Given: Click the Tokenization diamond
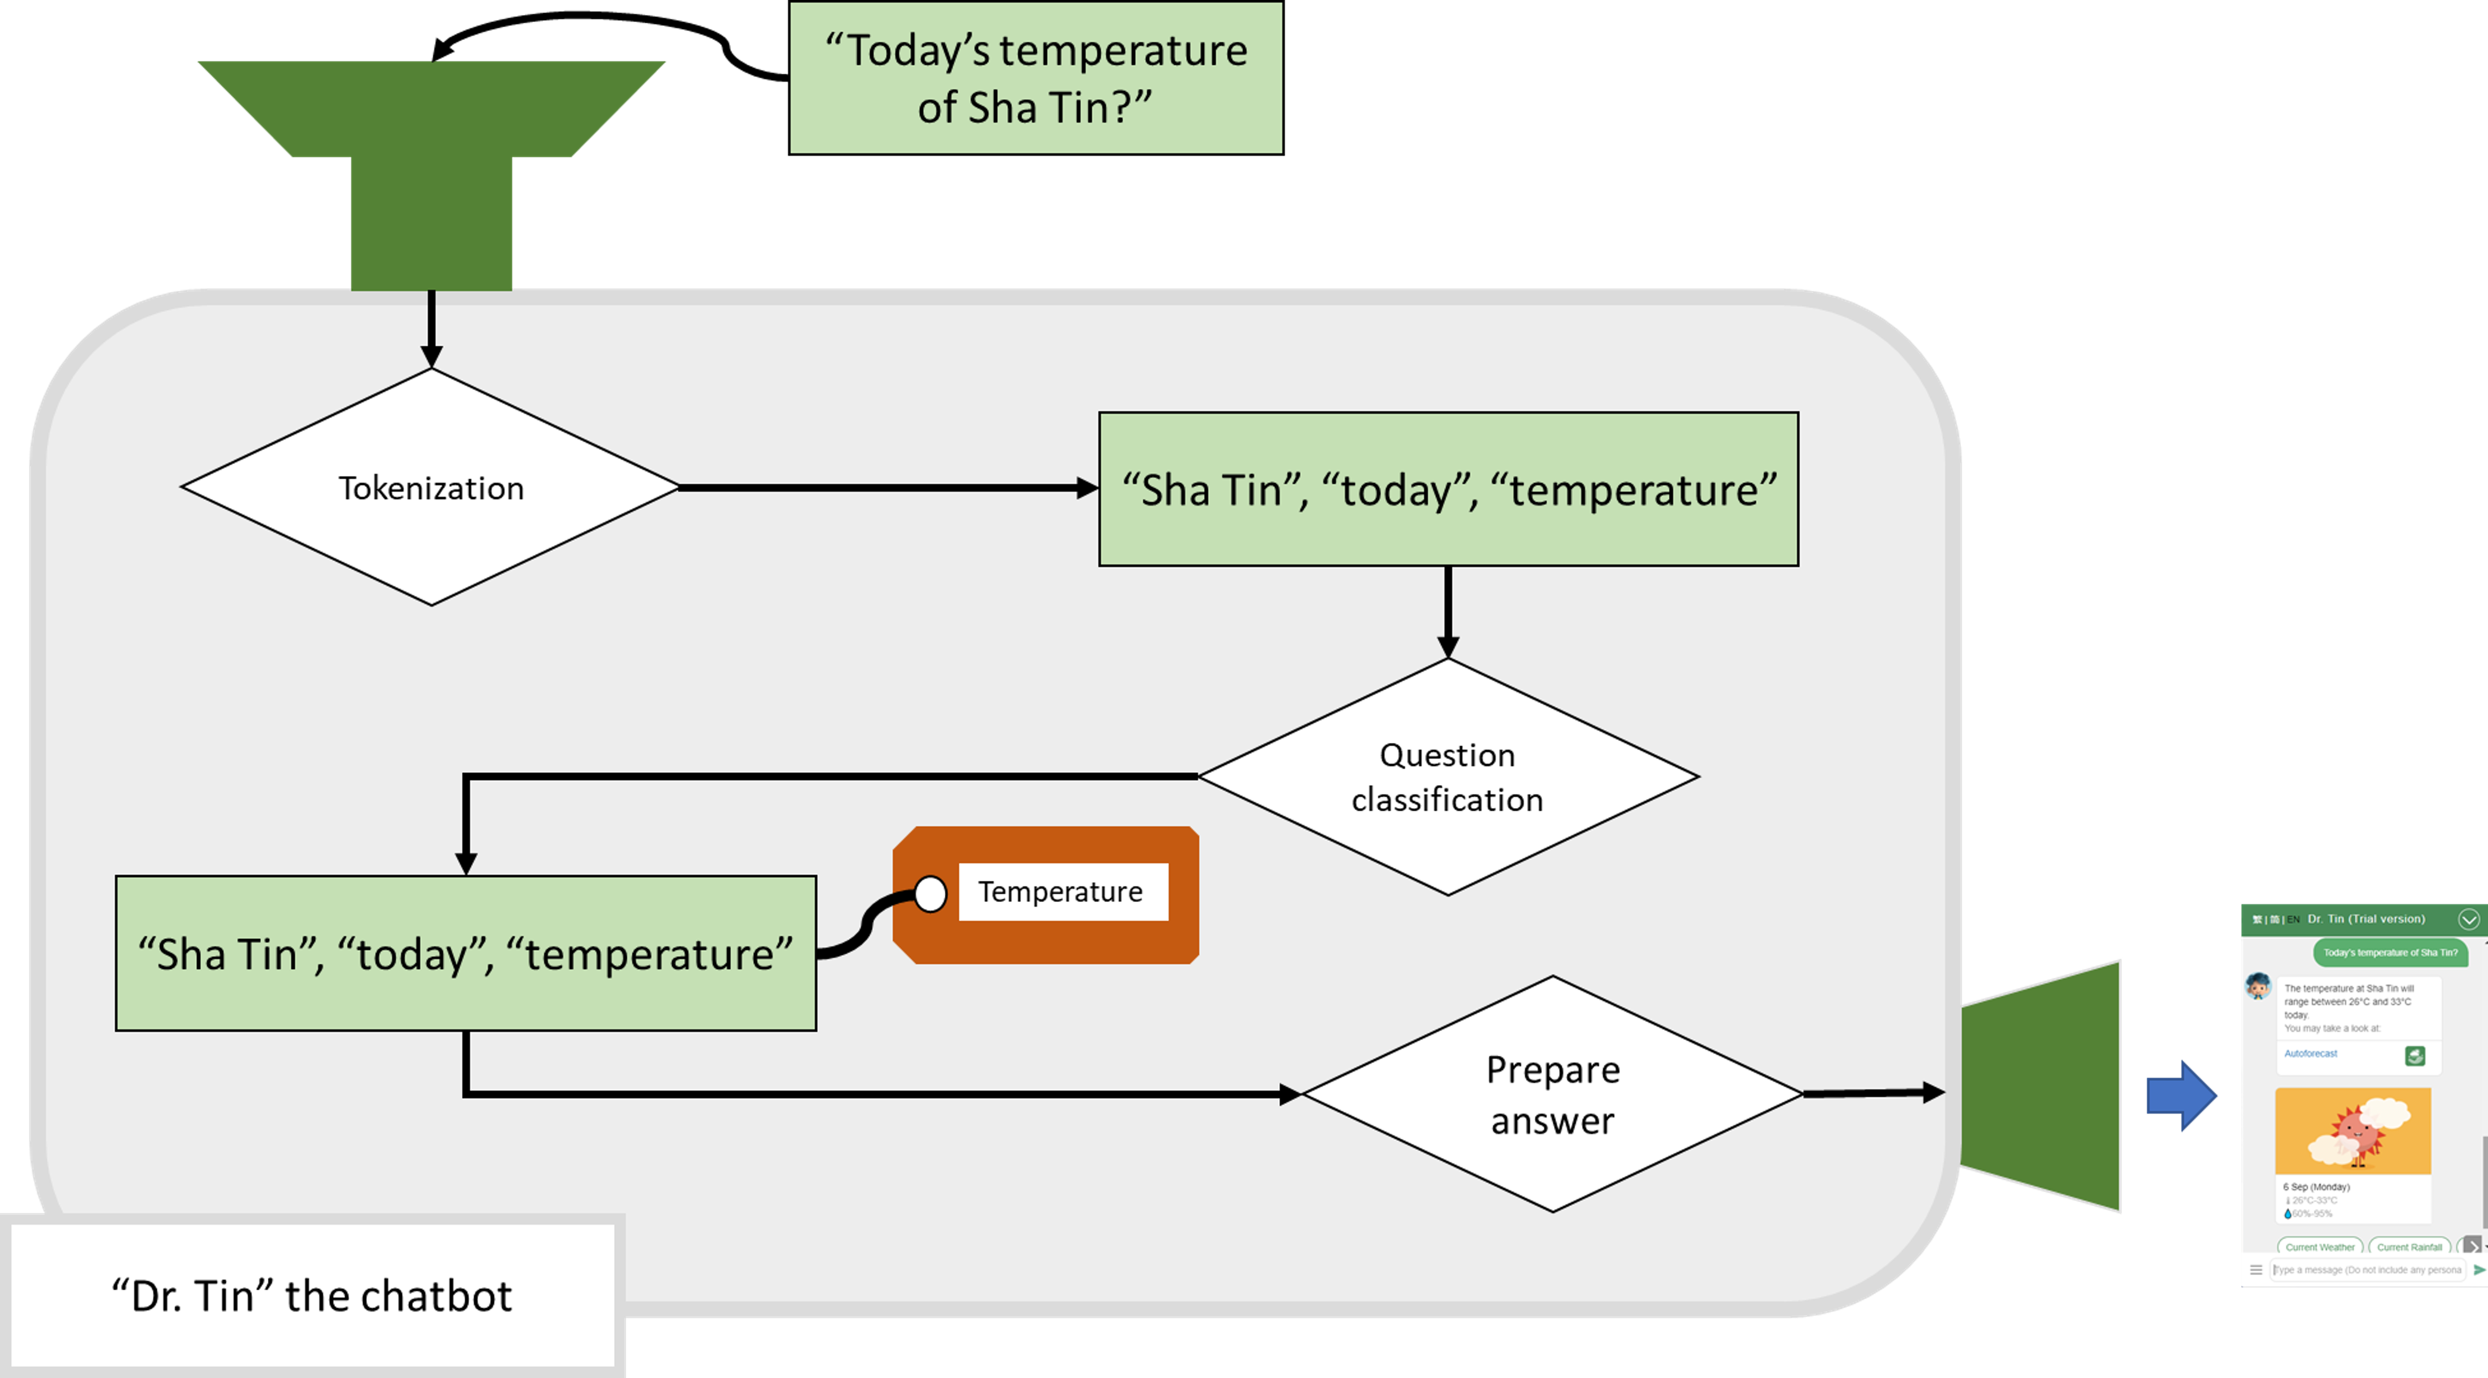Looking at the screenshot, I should pyautogui.click(x=431, y=488).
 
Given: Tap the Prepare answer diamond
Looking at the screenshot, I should pyautogui.click(x=1552, y=1094).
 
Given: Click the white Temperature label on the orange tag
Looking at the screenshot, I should pyautogui.click(x=1061, y=891).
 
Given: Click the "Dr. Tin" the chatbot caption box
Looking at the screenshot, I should pyautogui.click(x=312, y=1295).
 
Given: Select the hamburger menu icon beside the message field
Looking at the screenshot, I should pyautogui.click(x=2256, y=1270).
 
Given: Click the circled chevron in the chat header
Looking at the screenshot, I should pyautogui.click(x=2469, y=919).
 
